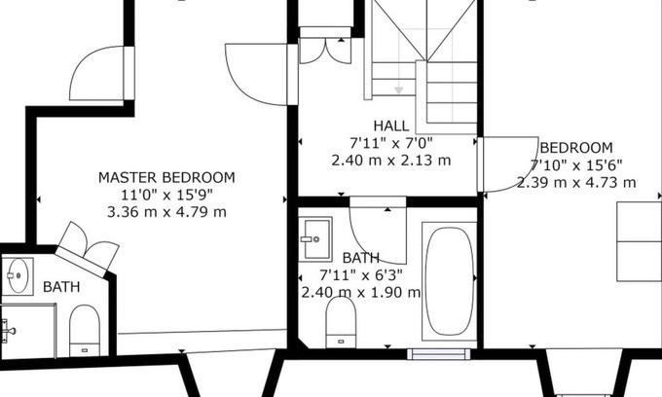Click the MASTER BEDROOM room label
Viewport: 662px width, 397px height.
pyautogui.click(x=166, y=177)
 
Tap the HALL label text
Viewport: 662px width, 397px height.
pyautogui.click(x=391, y=126)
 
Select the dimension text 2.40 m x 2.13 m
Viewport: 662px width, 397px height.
pyautogui.click(x=391, y=161)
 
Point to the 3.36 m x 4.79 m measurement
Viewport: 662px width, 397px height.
pyautogui.click(x=166, y=211)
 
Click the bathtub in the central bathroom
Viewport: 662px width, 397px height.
pyautogui.click(x=449, y=281)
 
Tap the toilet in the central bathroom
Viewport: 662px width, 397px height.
pyautogui.click(x=341, y=322)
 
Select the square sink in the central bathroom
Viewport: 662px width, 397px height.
pyautogui.click(x=315, y=238)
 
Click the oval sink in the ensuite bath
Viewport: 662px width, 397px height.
pyautogui.click(x=18, y=276)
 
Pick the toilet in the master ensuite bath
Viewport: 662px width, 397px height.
pyautogui.click(x=85, y=330)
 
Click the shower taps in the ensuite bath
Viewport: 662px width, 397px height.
pyautogui.click(x=8, y=330)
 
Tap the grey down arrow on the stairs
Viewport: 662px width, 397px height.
pyautogui.click(x=398, y=90)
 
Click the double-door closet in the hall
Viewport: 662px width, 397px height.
pyautogui.click(x=325, y=51)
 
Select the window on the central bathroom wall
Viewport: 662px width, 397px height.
pyautogui.click(x=439, y=354)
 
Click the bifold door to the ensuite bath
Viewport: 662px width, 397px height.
pyautogui.click(x=89, y=245)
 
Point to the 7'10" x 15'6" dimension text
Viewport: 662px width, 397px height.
pyautogui.click(x=576, y=165)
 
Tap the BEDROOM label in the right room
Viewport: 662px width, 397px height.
pyautogui.click(x=576, y=148)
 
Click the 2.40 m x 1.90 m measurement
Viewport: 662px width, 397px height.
pyautogui.click(x=361, y=292)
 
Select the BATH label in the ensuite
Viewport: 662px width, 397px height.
pyautogui.click(x=61, y=287)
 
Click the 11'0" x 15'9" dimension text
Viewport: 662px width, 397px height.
pyautogui.click(x=166, y=195)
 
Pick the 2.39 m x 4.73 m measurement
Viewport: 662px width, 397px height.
pyautogui.click(x=576, y=182)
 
